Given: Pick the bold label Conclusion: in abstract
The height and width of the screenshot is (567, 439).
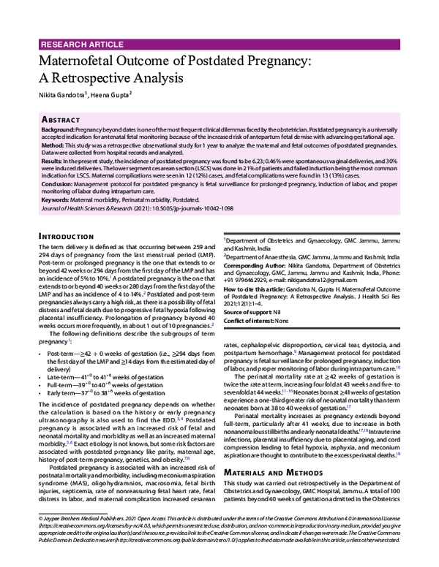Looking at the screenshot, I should [59, 186].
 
